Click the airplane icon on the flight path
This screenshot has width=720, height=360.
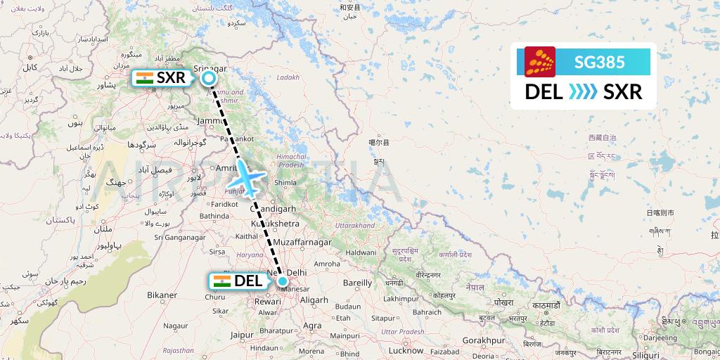point(247,177)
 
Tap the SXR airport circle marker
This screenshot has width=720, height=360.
point(208,79)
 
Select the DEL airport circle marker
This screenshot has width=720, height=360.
point(283,281)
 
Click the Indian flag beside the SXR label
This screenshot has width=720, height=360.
point(145,78)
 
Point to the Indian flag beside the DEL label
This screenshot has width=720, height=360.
point(221,281)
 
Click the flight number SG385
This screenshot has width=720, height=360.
point(599,62)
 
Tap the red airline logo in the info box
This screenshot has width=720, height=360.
point(540,62)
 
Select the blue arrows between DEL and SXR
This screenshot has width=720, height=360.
point(583,92)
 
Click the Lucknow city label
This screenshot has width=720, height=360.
point(406,349)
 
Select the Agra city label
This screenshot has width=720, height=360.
point(312,326)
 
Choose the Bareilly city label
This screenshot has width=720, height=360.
point(356,283)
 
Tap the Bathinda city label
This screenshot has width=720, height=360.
point(215,215)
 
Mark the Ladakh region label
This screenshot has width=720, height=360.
point(288,77)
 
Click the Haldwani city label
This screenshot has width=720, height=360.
point(360,252)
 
